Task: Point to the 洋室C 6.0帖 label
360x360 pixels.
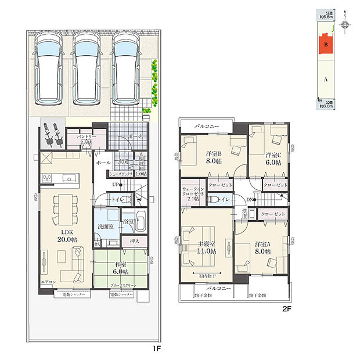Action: [x=273, y=159]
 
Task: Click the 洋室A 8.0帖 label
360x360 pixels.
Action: [x=262, y=248]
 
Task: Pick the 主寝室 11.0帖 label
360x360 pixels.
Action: [x=206, y=247]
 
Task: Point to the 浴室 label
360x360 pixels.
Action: [x=127, y=221]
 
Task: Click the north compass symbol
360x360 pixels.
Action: [x=345, y=24]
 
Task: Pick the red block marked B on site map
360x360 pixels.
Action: [x=326, y=45]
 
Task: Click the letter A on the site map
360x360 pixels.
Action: [x=326, y=80]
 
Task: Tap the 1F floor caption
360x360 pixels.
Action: [x=156, y=350]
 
